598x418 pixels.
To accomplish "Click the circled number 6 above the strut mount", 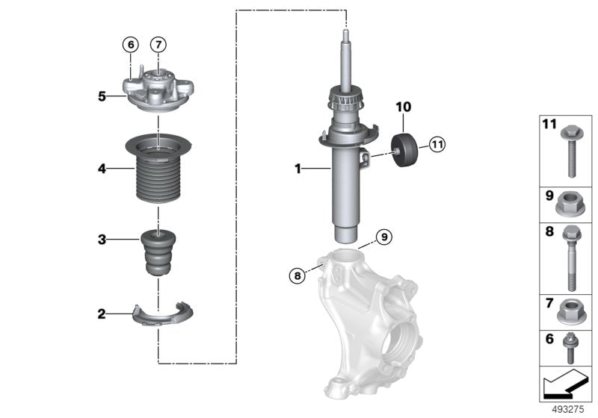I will click(130, 45).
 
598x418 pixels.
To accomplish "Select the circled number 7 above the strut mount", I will click(158, 45).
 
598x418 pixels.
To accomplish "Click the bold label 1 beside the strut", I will click(298, 170).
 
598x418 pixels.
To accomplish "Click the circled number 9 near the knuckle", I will click(383, 237).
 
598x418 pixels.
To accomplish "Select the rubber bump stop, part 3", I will click(157, 253).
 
